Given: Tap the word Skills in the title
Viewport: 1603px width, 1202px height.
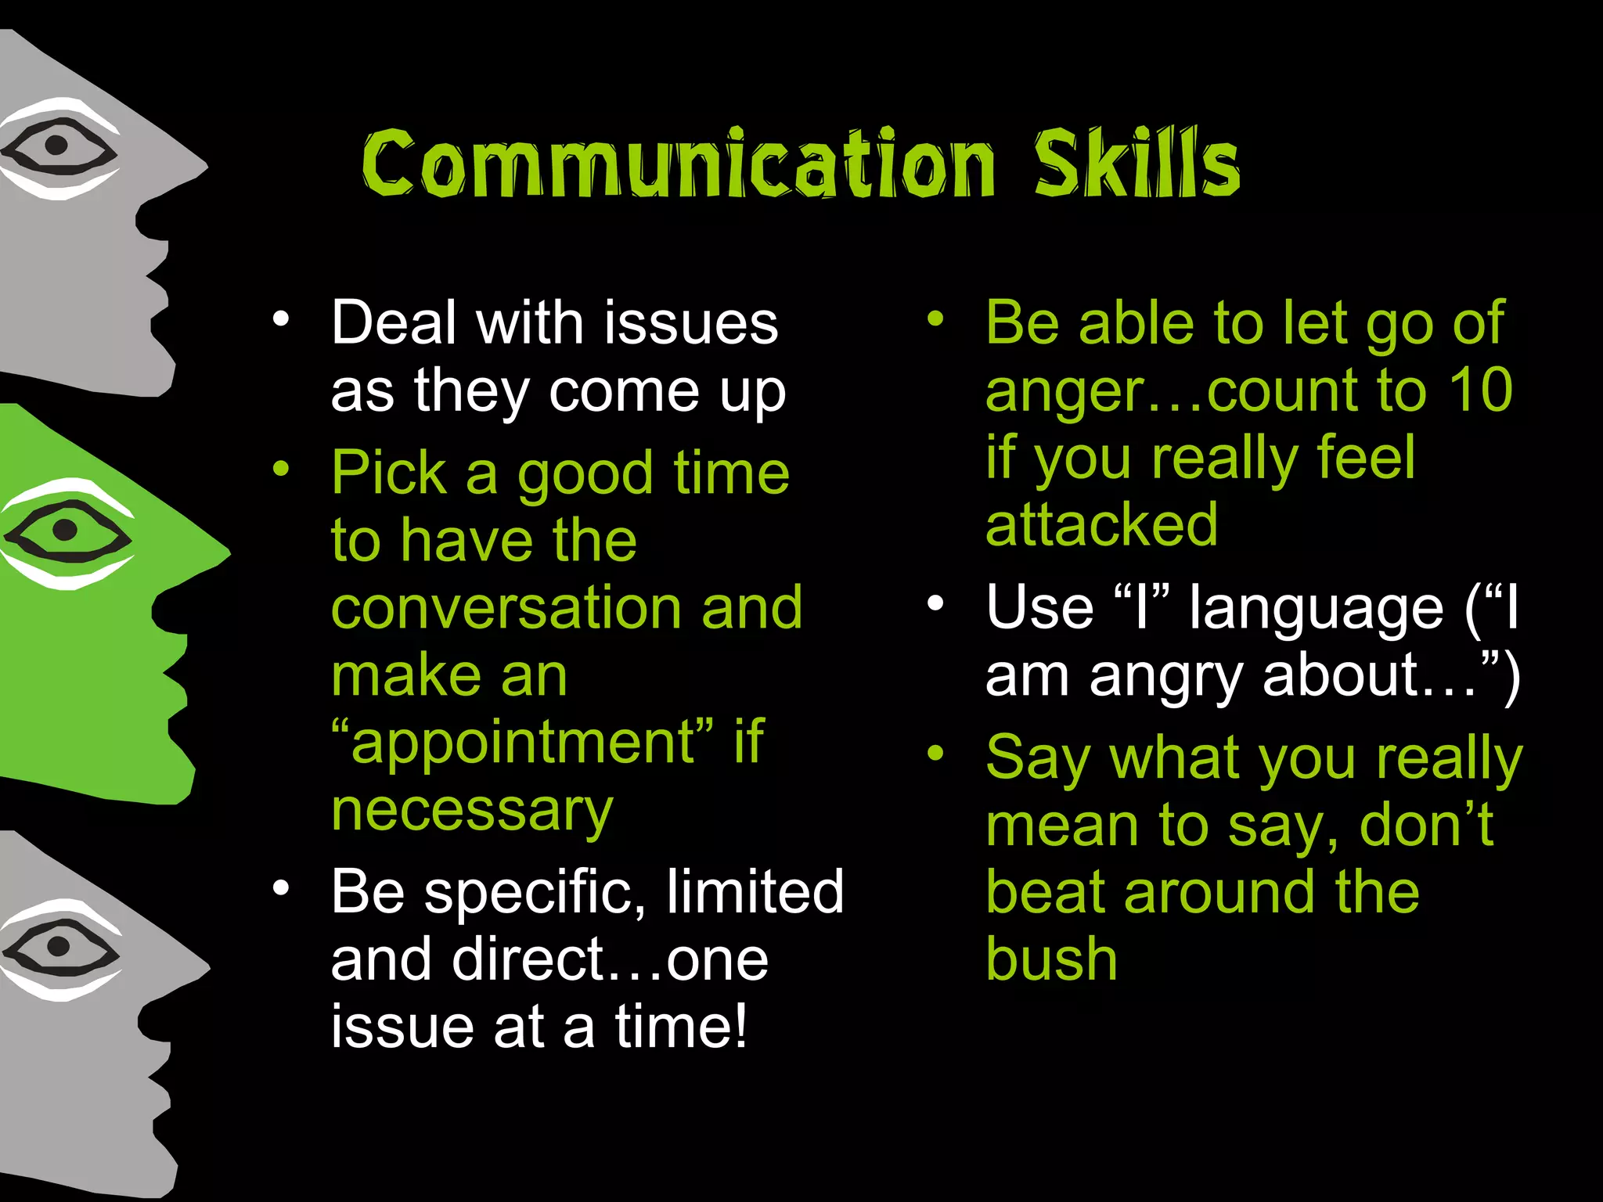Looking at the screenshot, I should (1137, 163).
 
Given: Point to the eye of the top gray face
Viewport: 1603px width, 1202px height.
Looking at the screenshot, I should (56, 146).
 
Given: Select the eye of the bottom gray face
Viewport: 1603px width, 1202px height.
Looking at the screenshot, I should (58, 947).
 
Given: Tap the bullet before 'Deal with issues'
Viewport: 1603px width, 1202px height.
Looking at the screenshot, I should (281, 320).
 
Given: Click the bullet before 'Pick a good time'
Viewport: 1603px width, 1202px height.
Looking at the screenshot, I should (281, 470).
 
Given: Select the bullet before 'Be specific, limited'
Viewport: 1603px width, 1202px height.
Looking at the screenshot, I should (281, 888).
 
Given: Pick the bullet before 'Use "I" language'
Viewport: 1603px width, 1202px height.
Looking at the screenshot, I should (935, 604).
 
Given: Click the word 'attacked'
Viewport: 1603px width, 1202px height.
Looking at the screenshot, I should (1101, 524).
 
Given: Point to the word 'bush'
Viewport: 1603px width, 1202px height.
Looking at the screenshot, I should (1051, 959).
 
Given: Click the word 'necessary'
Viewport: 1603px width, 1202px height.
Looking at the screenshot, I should (472, 811).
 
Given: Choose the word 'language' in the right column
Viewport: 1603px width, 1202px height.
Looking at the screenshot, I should (1317, 609).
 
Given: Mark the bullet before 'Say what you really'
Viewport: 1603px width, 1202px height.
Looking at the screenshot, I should (935, 754).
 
